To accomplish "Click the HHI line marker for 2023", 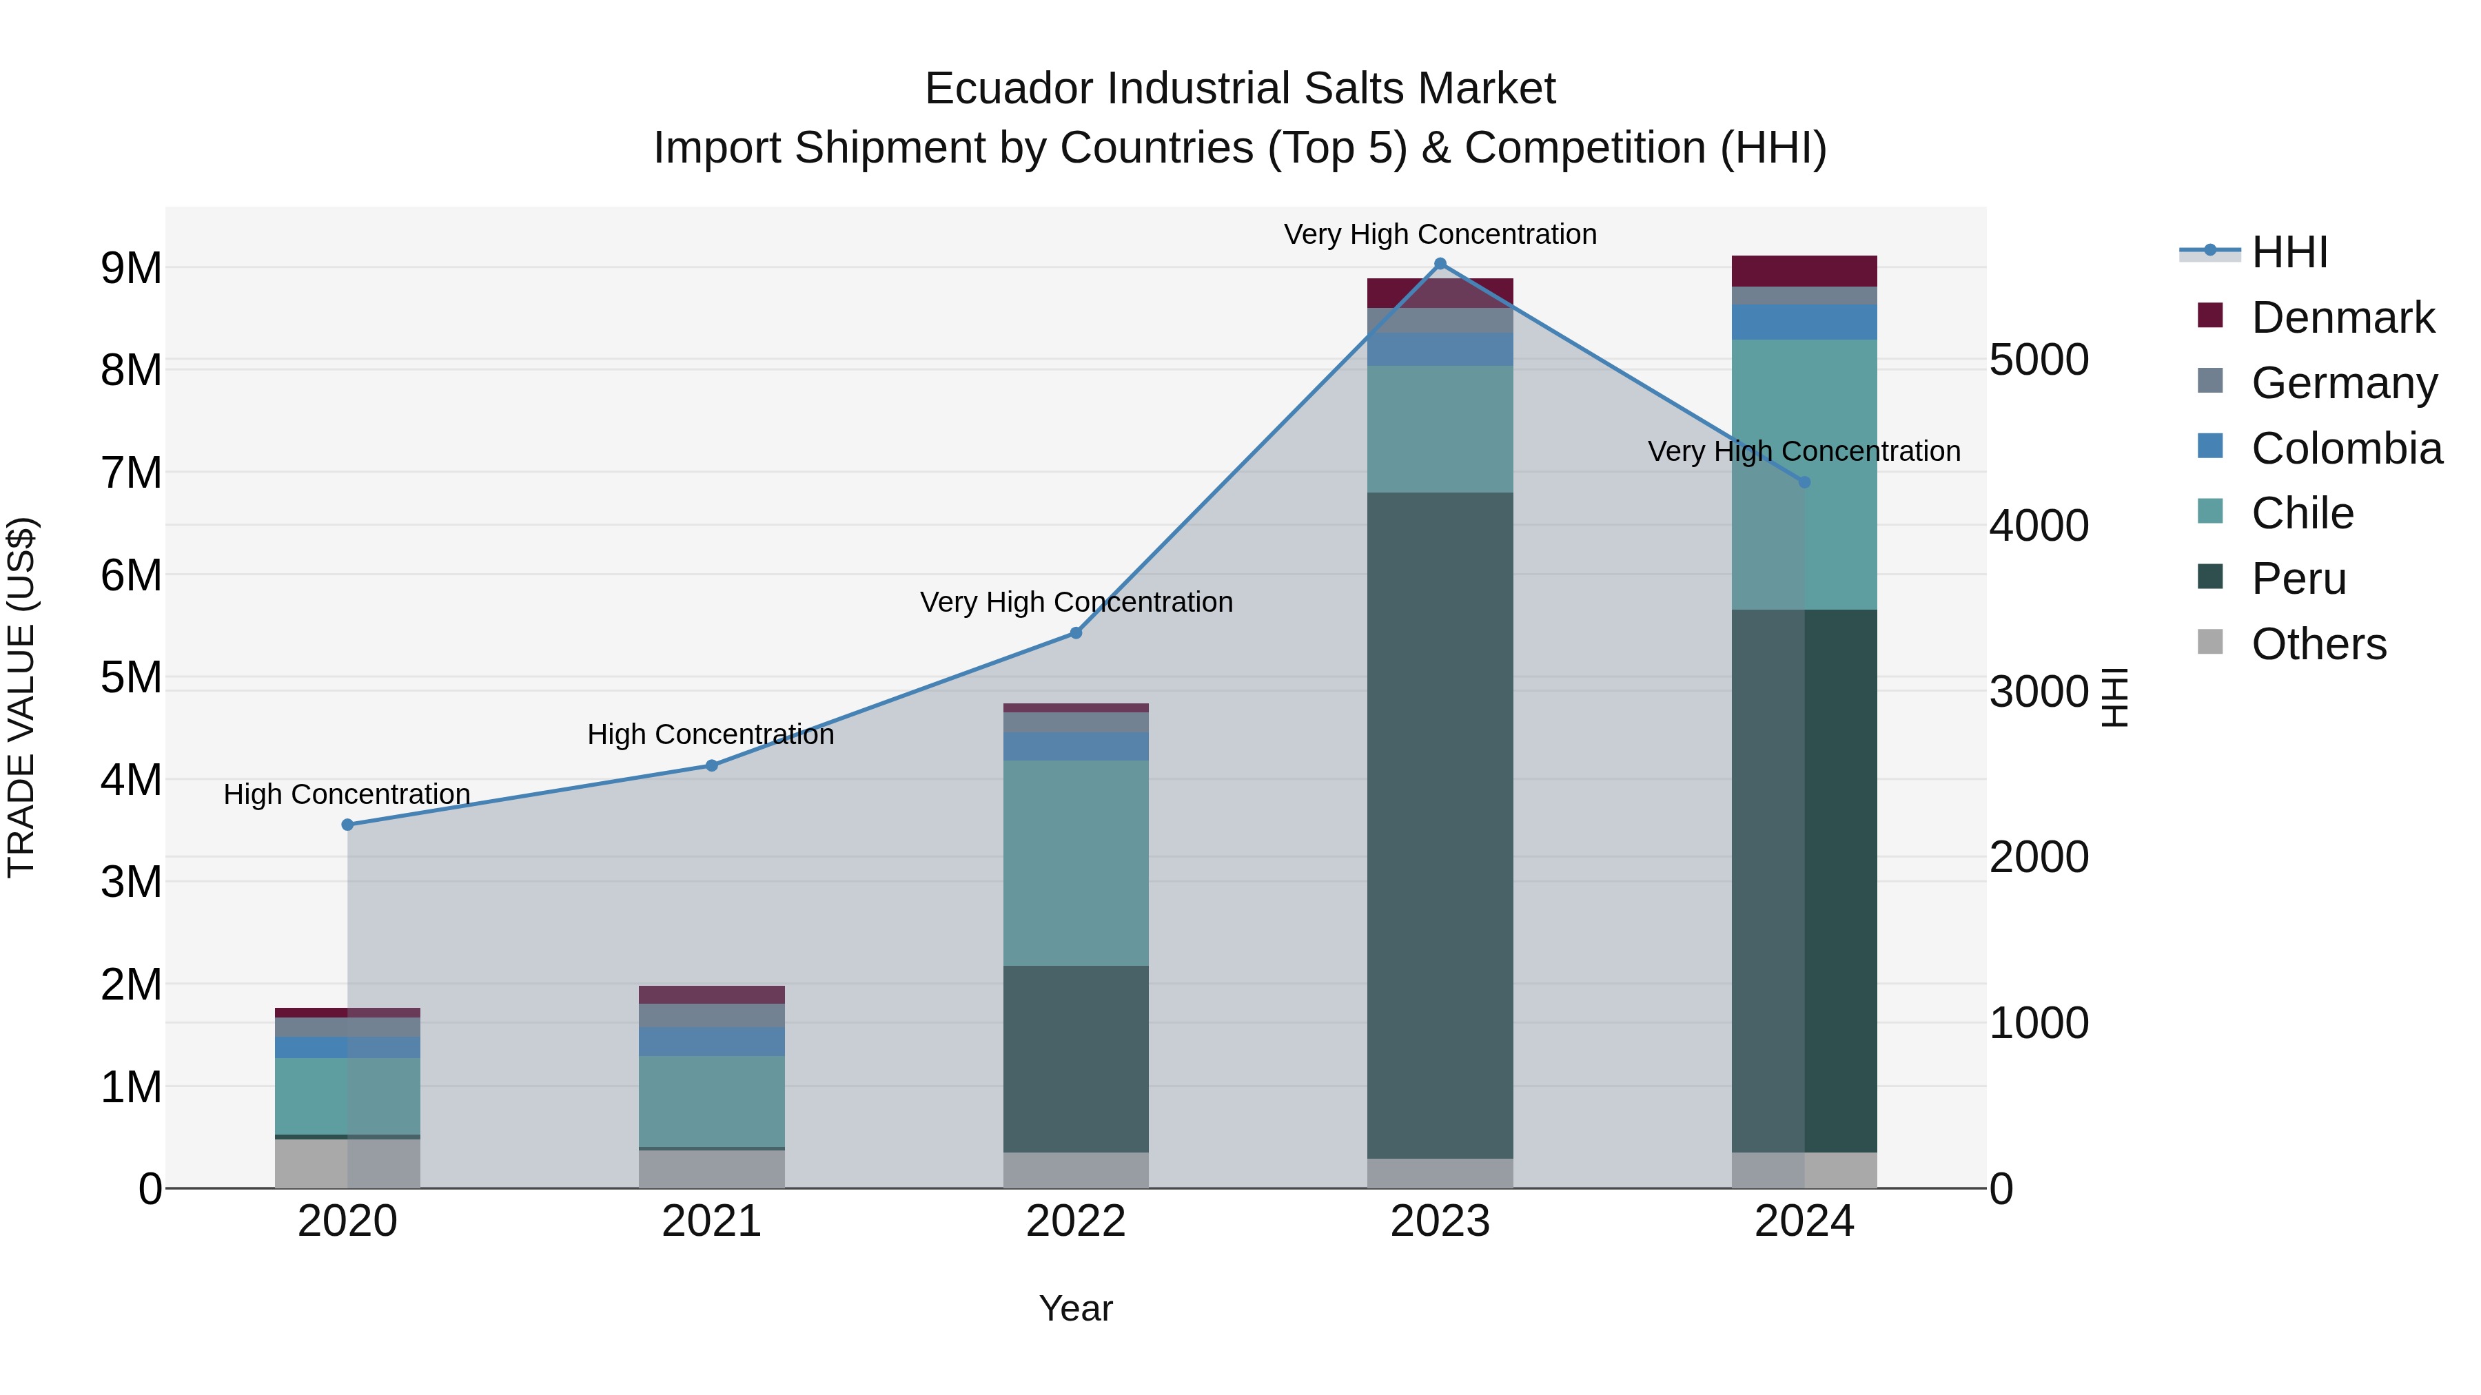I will (1440, 264).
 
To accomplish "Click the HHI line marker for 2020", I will (348, 825).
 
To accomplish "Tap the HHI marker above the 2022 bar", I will (1076, 634).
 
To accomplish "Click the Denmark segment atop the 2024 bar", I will (1804, 271).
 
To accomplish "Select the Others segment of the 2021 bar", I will (712, 1169).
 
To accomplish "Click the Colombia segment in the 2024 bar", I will (1804, 322).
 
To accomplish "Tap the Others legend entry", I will (2318, 644).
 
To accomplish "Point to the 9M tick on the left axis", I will (132, 268).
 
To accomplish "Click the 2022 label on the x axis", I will (1076, 1221).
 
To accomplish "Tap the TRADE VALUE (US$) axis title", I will (21, 698).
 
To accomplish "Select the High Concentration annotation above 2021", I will (711, 734).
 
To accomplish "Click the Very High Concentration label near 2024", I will (1804, 451).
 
